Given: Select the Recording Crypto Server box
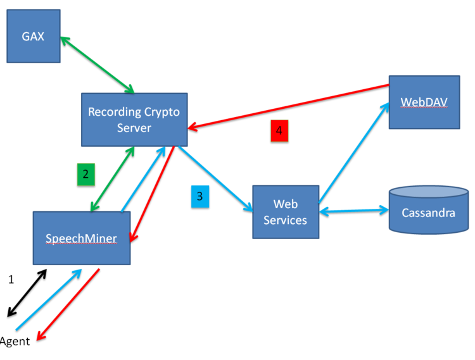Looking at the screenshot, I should coord(134,120).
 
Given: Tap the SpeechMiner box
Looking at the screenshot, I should coord(81,238).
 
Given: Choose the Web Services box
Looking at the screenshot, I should coord(285,212).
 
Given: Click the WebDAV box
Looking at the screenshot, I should coord(424,102).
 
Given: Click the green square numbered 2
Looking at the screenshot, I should coord(86,174).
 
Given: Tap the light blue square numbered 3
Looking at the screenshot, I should coord(200,196).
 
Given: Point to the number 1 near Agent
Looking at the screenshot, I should coord(11,279).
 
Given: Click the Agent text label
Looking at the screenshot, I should coord(15,342).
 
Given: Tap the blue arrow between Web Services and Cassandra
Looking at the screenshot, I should coord(353,211).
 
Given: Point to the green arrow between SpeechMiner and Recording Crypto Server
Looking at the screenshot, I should coord(112,179).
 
